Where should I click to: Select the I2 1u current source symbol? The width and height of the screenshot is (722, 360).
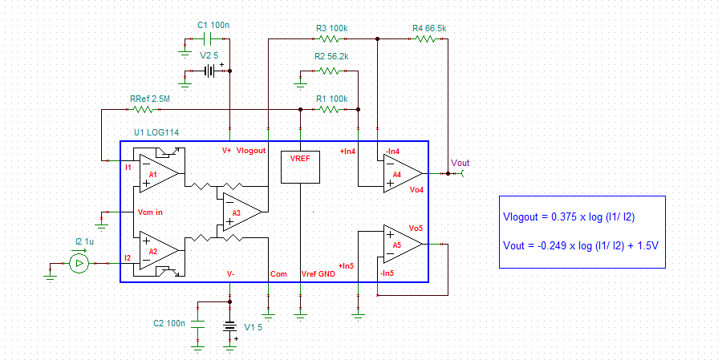click(x=79, y=263)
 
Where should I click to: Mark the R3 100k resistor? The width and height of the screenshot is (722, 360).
click(x=331, y=38)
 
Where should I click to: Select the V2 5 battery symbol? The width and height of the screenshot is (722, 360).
click(x=210, y=71)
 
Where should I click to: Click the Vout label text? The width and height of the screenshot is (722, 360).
click(x=460, y=163)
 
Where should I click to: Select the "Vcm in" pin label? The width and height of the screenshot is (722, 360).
click(x=151, y=212)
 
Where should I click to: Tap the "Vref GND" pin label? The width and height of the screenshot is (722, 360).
click(x=318, y=273)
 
